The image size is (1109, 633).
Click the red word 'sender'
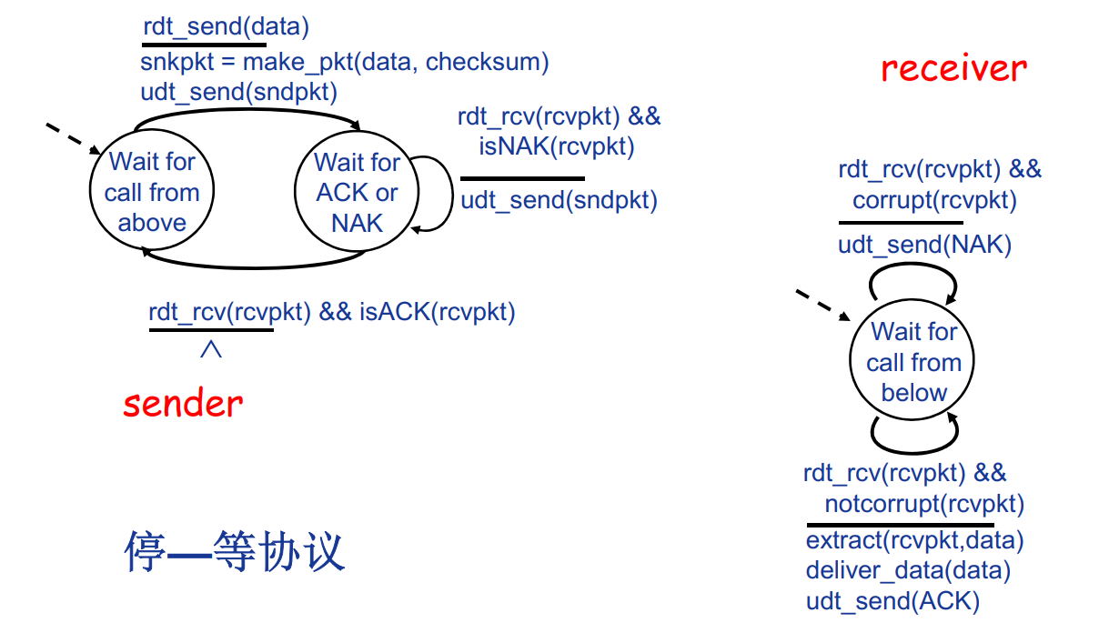click(183, 403)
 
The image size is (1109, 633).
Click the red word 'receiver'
click(953, 68)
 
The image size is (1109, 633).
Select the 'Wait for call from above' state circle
click(152, 192)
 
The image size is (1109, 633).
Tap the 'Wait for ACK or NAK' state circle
click(357, 192)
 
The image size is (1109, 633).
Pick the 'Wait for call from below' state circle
click(913, 362)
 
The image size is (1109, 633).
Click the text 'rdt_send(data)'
click(226, 27)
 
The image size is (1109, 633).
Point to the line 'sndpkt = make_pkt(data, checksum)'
click(344, 62)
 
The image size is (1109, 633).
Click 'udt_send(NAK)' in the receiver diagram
click(924, 244)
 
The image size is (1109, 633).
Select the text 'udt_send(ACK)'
click(892, 601)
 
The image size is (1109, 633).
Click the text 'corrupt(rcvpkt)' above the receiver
click(934, 200)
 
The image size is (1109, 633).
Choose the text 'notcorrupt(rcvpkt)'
click(924, 504)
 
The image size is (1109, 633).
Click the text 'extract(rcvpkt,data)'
click(914, 540)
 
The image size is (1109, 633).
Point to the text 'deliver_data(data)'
click(908, 570)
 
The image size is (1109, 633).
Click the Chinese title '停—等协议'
click(234, 552)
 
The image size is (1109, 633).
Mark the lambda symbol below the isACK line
click(210, 348)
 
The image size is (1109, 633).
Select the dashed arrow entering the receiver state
click(822, 306)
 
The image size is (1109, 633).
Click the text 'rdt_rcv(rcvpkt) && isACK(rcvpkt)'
click(332, 313)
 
